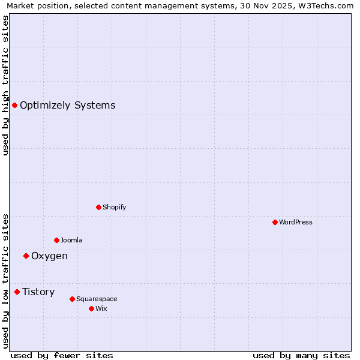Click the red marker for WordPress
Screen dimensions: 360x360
coord(275,222)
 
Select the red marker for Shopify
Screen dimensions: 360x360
coord(98,207)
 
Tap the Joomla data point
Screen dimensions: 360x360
coord(56,240)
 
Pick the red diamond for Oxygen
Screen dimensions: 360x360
coord(26,256)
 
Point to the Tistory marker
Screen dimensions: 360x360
coord(17,292)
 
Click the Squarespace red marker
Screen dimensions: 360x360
coord(72,299)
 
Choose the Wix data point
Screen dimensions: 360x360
coord(91,308)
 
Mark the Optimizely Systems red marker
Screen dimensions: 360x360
coord(14,106)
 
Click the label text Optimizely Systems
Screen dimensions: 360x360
coord(67,106)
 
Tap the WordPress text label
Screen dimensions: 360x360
coord(296,222)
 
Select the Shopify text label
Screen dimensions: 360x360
coord(114,207)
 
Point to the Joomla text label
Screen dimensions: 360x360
coord(71,240)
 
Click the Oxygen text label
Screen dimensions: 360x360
coord(49,256)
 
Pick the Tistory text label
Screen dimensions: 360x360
coord(38,292)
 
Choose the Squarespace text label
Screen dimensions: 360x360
coord(97,299)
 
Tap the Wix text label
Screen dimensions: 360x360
coord(101,308)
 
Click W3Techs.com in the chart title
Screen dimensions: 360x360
coord(326,6)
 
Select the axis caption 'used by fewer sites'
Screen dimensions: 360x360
coord(62,355)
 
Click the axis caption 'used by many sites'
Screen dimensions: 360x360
coord(301,355)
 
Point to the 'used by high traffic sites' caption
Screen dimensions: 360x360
coord(6,85)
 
